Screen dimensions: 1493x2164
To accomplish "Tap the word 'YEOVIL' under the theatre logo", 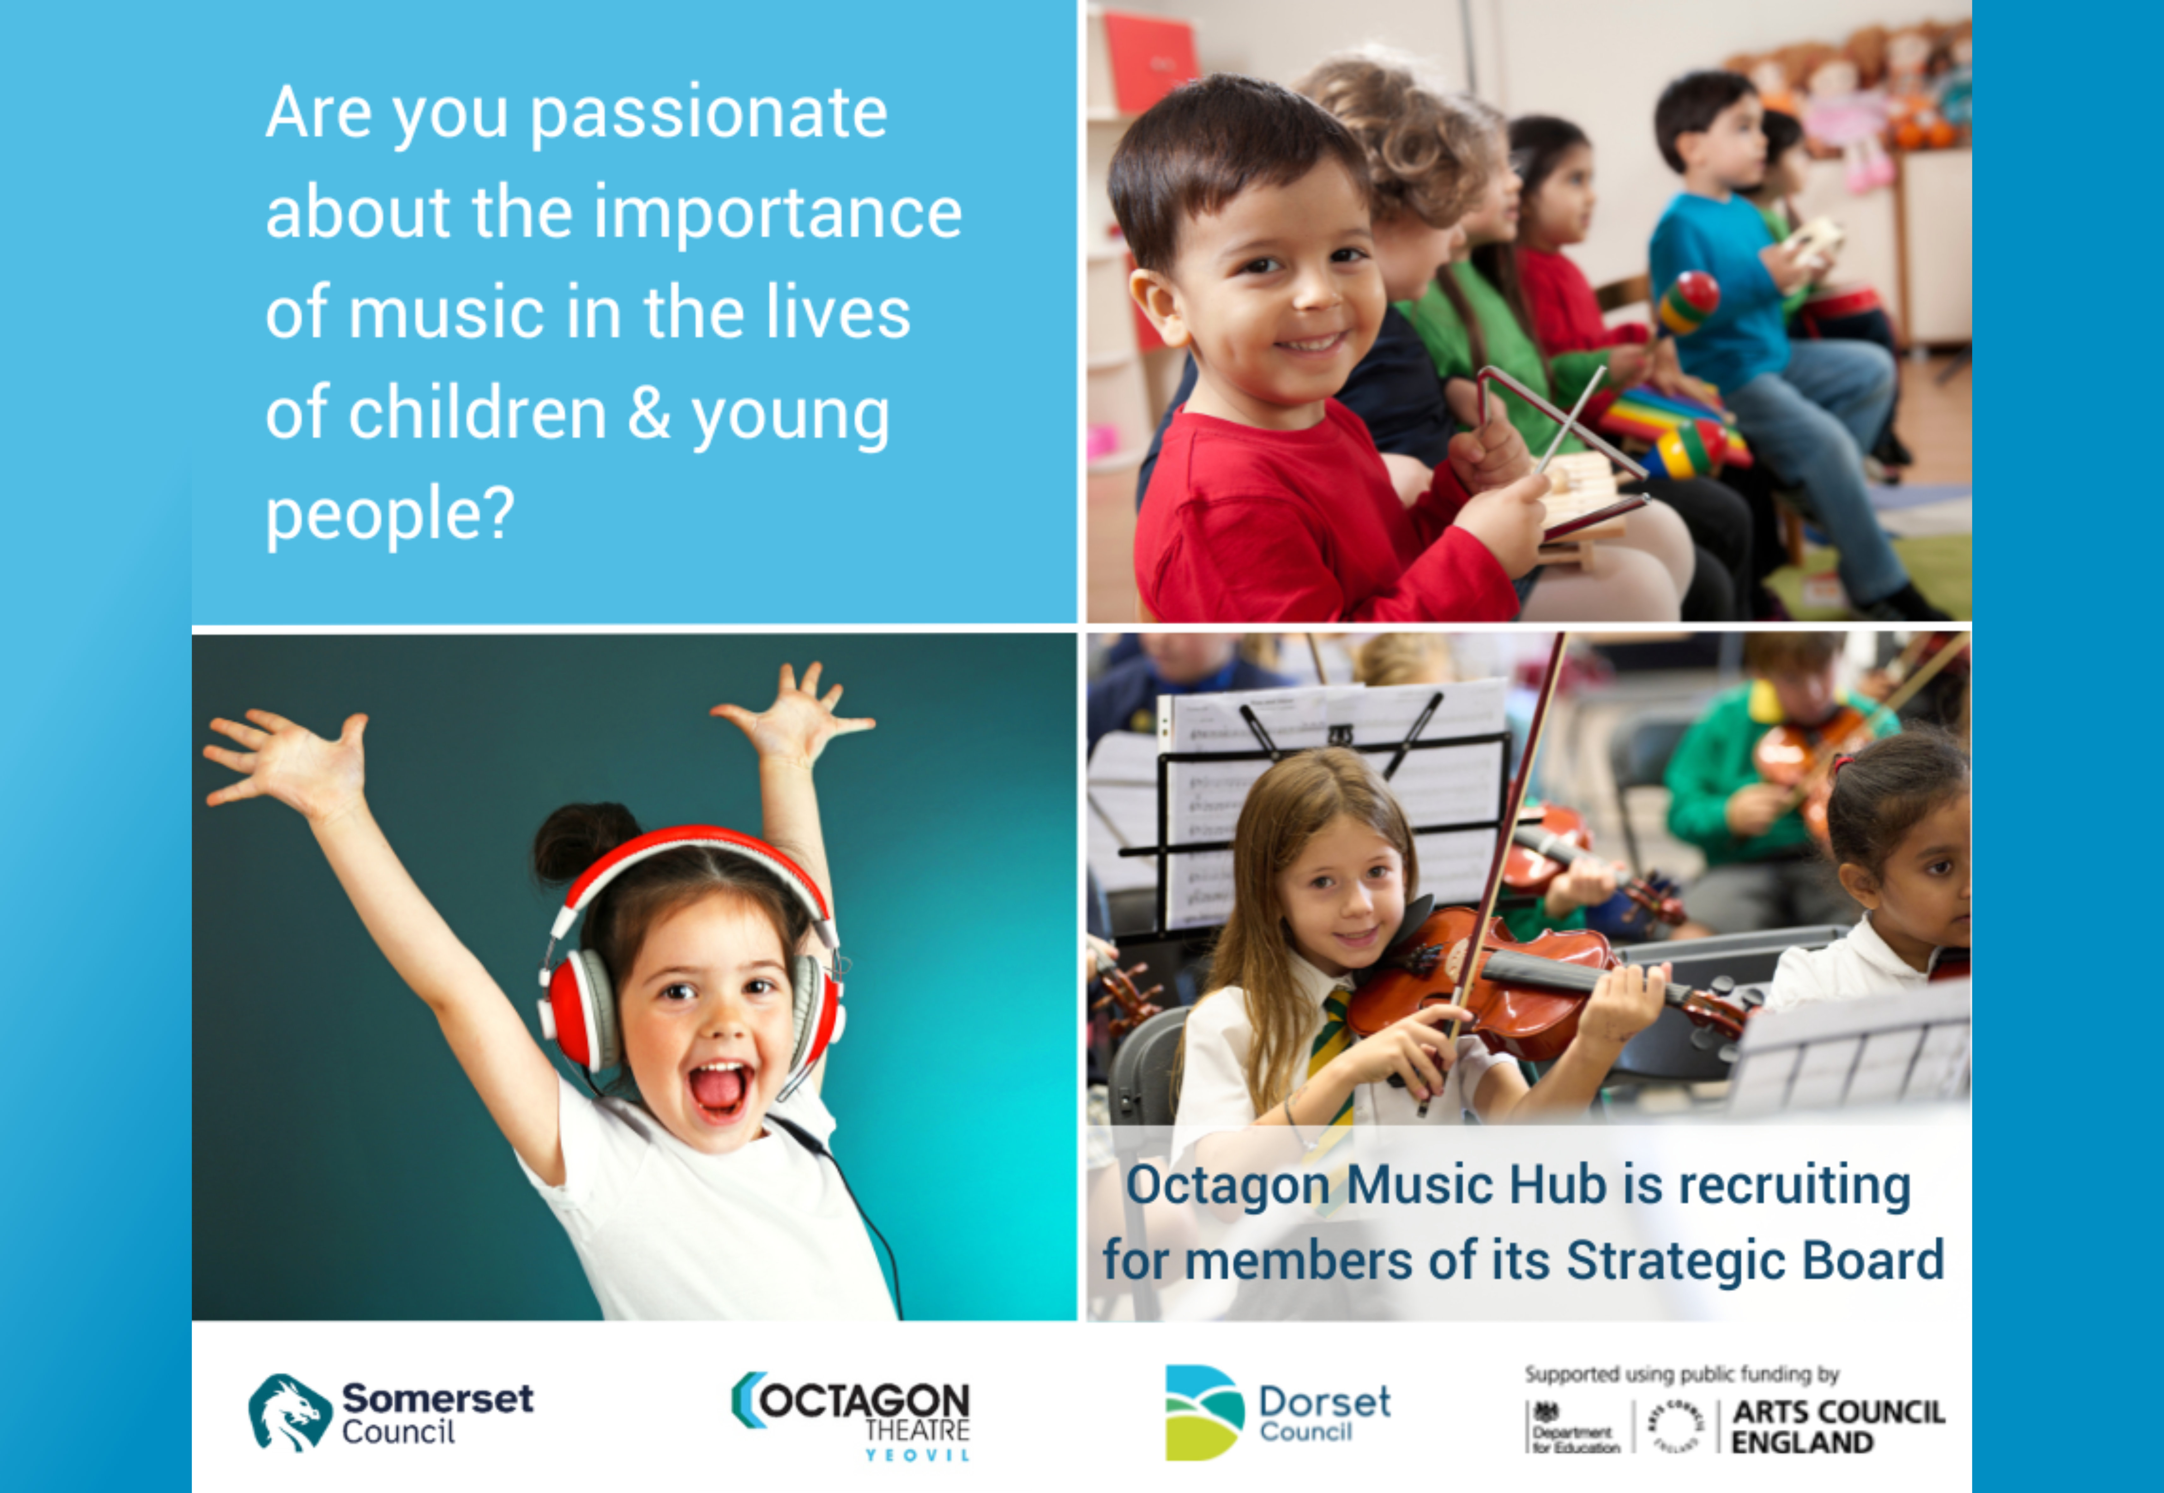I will point(917,1455).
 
